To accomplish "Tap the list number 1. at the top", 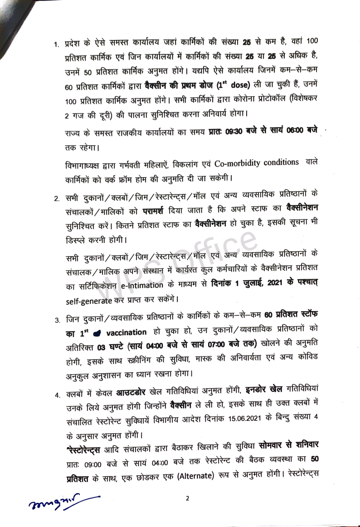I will click(56, 44).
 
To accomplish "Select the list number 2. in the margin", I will click(57, 199).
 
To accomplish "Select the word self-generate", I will click(88, 300).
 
